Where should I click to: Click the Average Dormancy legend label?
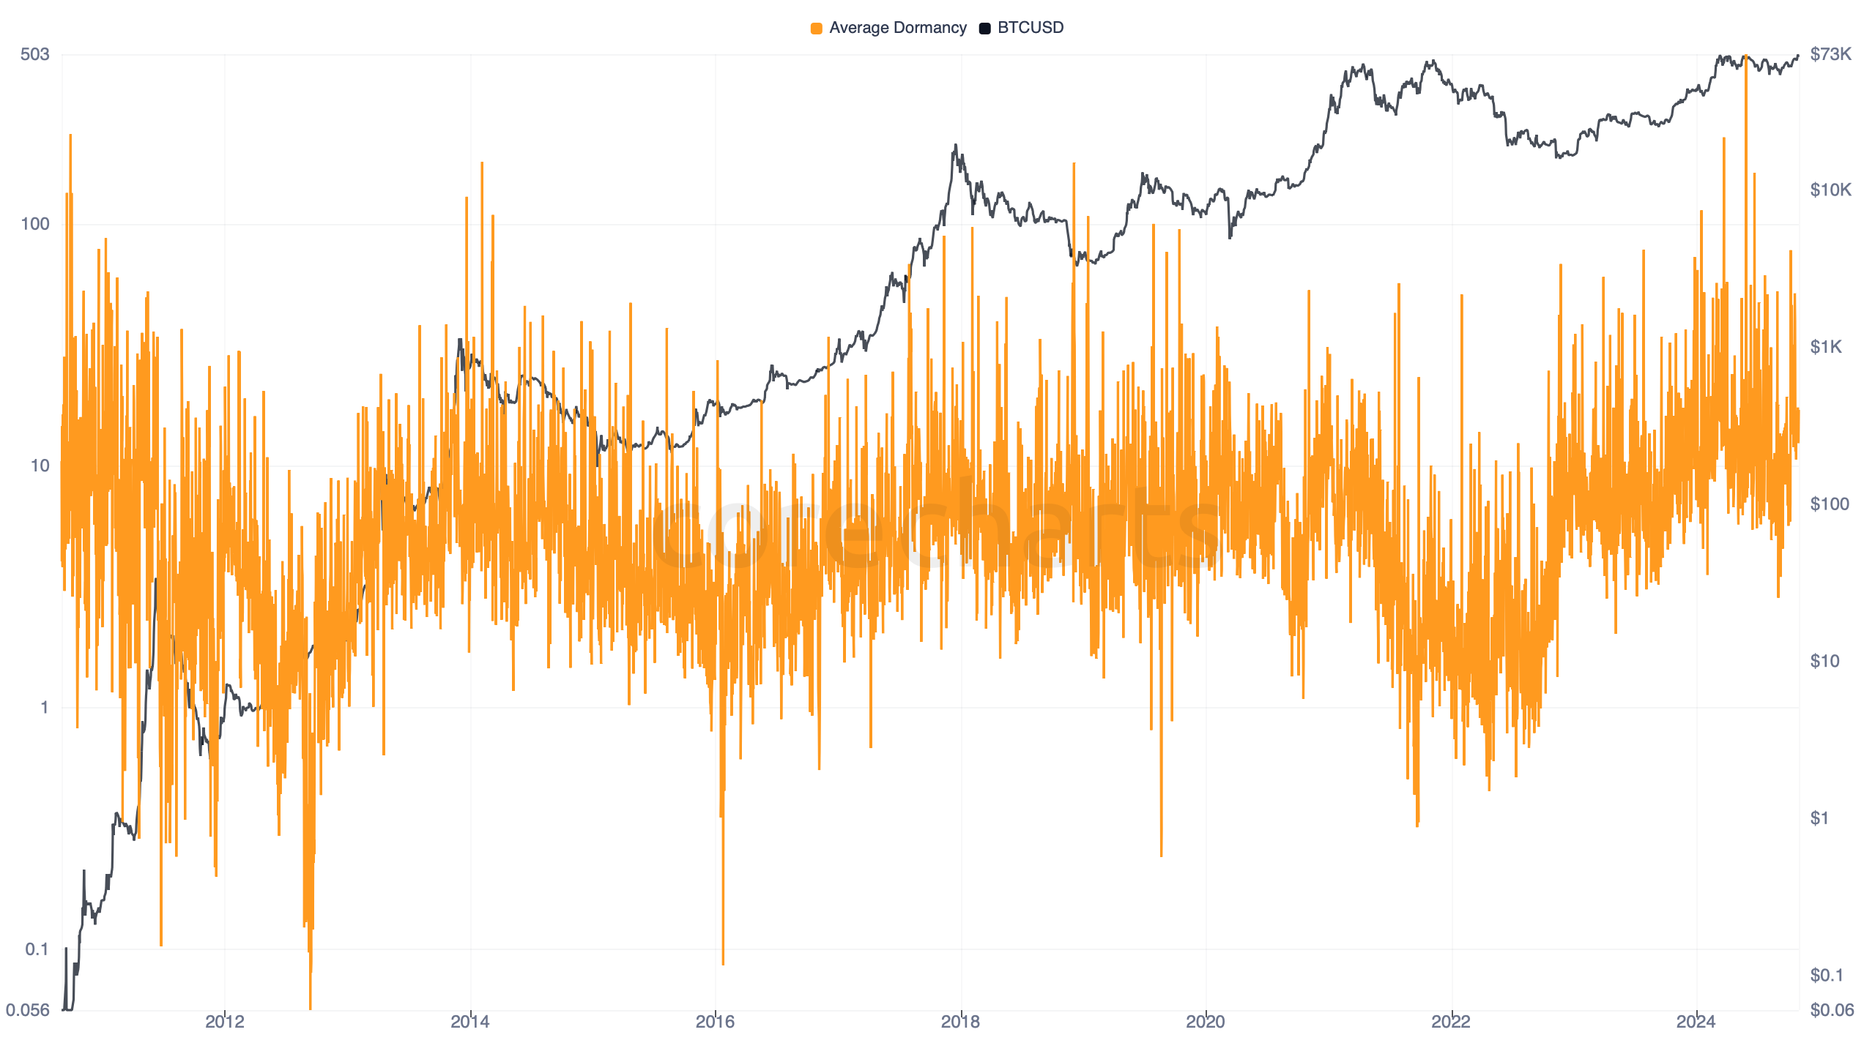897,28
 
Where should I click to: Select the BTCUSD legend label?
1030,28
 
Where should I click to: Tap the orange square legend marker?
816,29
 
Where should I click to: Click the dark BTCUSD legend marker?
985,29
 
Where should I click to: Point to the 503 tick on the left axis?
34,54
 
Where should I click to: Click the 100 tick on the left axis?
34,224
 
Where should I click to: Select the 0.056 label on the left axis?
28,1010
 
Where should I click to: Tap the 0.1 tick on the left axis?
37,949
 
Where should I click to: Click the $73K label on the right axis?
1830,54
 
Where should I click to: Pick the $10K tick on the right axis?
1830,190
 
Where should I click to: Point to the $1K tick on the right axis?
1825,347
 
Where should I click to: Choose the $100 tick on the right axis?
1829,504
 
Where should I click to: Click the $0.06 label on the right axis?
1831,1010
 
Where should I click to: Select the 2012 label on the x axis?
225,1022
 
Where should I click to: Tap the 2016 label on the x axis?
715,1022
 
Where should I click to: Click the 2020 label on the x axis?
1206,1022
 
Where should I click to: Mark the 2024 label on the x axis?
1696,1022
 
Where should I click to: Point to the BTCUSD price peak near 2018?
955,146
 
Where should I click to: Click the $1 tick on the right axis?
1819,818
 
